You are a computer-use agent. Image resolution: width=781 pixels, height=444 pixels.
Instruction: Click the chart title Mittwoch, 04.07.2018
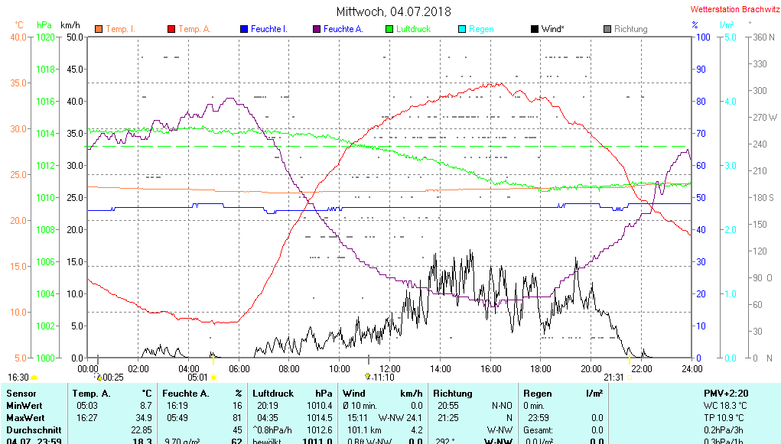click(393, 11)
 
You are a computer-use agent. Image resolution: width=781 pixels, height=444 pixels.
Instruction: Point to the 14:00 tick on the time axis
click(441, 368)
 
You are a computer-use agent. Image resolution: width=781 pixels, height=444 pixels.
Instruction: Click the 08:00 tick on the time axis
click(289, 368)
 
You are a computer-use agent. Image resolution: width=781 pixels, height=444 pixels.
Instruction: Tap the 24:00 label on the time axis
click(692, 368)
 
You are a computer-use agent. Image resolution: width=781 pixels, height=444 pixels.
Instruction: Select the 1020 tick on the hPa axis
click(46, 37)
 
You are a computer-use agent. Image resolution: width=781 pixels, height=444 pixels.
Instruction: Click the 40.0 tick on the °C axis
click(18, 37)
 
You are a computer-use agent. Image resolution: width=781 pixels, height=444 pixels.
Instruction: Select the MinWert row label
click(24, 406)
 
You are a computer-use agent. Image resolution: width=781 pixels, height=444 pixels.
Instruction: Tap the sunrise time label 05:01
click(197, 377)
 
